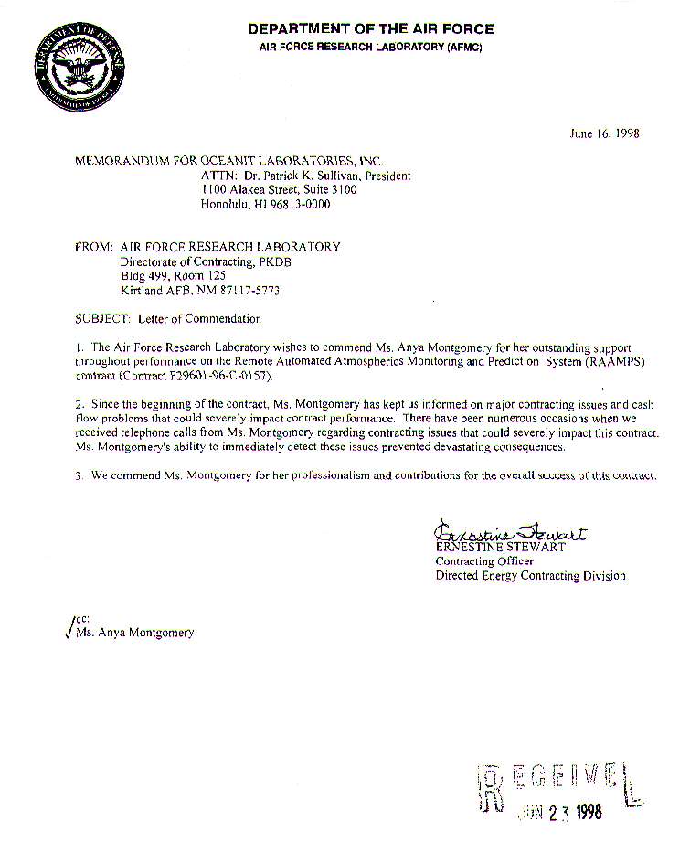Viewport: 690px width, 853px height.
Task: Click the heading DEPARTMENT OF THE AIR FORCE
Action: [x=370, y=29]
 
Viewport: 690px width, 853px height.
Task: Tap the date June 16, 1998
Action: [x=604, y=133]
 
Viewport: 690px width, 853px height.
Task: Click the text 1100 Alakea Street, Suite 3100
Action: [x=279, y=190]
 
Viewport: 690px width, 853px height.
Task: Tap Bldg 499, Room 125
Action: [x=174, y=275]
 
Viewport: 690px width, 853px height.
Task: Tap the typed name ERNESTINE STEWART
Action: [x=501, y=547]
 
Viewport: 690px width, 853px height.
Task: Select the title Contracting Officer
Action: [x=484, y=561]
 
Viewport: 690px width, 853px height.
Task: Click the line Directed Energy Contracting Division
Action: [x=530, y=576]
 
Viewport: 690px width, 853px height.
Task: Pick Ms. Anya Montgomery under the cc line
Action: [x=135, y=633]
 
